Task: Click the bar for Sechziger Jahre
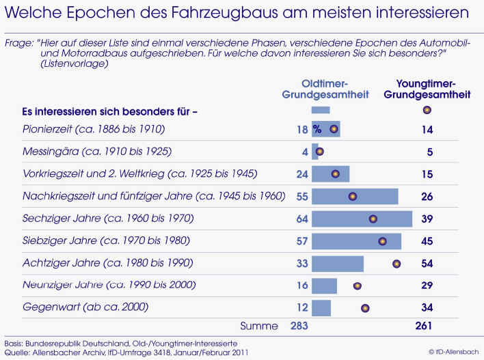tap(362, 219)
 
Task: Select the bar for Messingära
tap(314, 152)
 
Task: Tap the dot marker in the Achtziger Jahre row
tap(396, 264)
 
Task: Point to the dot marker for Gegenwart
tap(366, 308)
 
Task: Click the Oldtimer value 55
tap(301, 197)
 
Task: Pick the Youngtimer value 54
tap(427, 264)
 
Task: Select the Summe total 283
tap(299, 326)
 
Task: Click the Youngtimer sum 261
tap(424, 326)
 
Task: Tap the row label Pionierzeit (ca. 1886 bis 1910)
tap(95, 129)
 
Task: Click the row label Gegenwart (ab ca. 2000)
tap(85, 307)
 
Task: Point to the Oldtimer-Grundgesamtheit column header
tap(325, 89)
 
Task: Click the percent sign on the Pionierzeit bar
tap(317, 128)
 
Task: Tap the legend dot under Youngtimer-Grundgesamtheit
tap(427, 109)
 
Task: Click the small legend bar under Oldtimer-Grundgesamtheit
tap(321, 109)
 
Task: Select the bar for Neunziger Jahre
tap(324, 286)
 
